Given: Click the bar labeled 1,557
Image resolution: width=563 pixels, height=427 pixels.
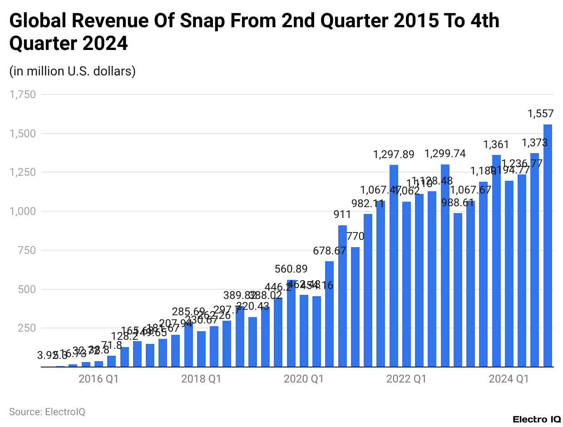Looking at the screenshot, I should (548, 245).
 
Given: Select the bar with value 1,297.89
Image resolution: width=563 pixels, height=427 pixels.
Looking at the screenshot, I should (394, 266).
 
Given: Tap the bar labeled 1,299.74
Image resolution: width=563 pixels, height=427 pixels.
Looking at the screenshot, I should (445, 266).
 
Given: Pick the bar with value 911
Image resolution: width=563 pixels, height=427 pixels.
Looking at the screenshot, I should (342, 296).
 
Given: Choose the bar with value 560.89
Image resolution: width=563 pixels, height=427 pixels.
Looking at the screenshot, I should (291, 323).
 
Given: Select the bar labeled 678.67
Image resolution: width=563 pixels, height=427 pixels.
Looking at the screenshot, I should (330, 314).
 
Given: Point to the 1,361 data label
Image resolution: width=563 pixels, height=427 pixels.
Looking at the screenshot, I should (496, 144).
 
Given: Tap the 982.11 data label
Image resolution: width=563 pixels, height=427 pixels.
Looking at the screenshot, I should (368, 204).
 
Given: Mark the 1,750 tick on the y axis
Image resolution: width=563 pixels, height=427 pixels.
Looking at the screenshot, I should (22, 94).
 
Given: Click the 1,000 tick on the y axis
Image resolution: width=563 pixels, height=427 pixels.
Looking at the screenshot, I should (22, 211).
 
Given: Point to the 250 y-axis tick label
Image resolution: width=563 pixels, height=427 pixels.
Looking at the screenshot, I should (25, 328).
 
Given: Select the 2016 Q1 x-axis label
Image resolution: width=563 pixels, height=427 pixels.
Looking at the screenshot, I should (98, 379).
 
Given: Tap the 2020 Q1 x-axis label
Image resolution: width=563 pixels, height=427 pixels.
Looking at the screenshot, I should (303, 379).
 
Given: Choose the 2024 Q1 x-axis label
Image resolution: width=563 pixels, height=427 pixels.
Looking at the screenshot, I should (509, 379).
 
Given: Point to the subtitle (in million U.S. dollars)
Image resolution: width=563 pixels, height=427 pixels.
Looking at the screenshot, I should (72, 71).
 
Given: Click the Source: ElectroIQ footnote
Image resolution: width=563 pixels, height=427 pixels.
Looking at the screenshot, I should (47, 412).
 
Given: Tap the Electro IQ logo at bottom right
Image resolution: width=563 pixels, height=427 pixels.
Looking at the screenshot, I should (536, 418).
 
